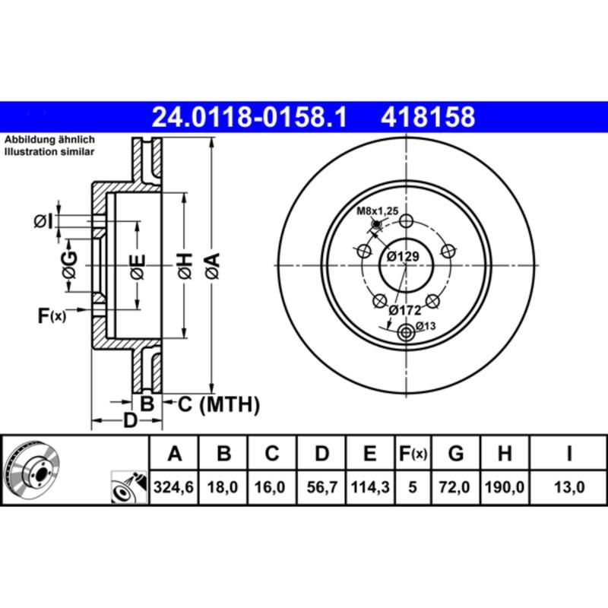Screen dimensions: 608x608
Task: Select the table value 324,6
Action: tap(175, 488)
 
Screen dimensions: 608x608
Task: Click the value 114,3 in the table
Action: tap(370, 488)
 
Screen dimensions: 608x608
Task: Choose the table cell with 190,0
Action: tap(504, 488)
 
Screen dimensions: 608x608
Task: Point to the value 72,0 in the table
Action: tap(456, 488)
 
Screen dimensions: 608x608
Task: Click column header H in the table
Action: tap(504, 454)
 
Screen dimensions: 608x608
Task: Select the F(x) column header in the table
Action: tap(413, 454)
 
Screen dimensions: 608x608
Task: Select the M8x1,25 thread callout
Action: tap(378, 211)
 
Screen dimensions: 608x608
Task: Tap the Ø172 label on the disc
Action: tap(404, 310)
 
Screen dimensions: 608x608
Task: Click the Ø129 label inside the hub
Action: tap(402, 257)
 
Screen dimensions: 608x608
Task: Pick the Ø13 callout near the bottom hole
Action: tap(426, 328)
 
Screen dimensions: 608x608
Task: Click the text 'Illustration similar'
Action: tap(49, 152)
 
